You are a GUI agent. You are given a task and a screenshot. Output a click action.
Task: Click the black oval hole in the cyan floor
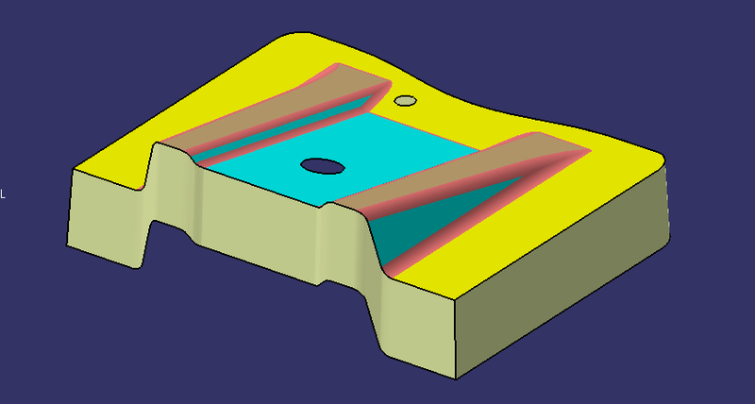(323, 166)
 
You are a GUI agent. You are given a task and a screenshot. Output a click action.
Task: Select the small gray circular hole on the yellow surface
(405, 100)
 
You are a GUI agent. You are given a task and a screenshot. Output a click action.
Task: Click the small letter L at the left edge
(3, 194)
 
